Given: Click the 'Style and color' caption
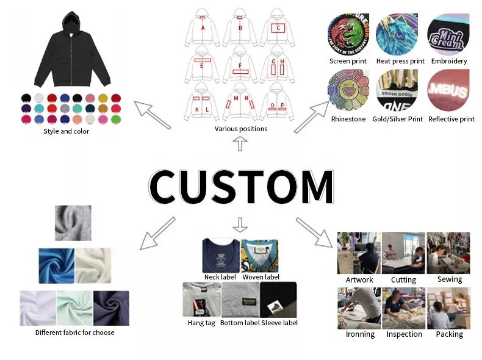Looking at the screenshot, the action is (x=67, y=131).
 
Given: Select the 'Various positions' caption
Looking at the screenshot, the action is (x=241, y=129).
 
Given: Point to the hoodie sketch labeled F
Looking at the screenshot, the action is (x=240, y=67).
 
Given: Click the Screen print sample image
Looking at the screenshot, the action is (x=348, y=35).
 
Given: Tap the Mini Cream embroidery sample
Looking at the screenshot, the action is (x=448, y=35).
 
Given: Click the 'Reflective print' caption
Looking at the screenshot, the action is (x=451, y=119).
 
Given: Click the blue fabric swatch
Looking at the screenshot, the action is (x=56, y=264).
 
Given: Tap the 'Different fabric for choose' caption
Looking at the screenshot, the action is (x=74, y=333).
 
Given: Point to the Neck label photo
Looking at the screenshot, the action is (x=220, y=255).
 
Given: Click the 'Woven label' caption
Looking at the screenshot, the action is (x=261, y=277).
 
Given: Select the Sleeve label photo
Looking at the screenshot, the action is (x=278, y=300).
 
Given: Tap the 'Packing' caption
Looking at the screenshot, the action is (x=449, y=334).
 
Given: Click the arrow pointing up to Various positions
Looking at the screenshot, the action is (x=240, y=144).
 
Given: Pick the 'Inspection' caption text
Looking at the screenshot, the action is (x=404, y=334).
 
